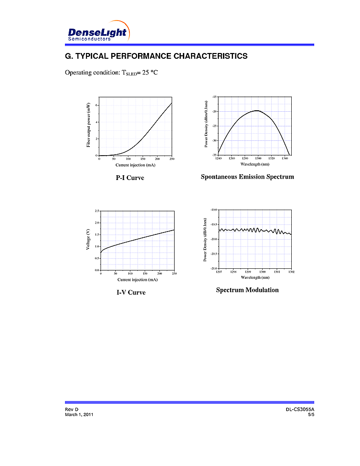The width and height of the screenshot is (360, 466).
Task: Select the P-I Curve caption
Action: [x=130, y=178]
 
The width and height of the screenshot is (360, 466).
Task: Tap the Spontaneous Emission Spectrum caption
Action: [x=247, y=177]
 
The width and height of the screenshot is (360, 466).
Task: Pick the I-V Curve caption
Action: [x=131, y=292]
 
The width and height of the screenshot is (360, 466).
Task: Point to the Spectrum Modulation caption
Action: [x=247, y=290]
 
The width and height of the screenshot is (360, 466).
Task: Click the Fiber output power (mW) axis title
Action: [x=89, y=126]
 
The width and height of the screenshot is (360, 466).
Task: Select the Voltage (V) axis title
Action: [x=89, y=240]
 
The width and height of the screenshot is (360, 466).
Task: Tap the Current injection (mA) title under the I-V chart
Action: [x=138, y=279]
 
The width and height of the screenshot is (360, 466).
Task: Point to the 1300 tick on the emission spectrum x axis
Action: [x=258, y=158]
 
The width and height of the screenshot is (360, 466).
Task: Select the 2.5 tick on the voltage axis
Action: [x=97, y=211]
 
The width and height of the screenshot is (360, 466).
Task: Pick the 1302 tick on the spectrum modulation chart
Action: [x=291, y=272]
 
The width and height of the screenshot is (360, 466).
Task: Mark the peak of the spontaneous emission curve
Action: [x=257, y=110]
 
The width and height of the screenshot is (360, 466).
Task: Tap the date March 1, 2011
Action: [x=79, y=414]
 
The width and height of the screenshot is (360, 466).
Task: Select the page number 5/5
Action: [x=311, y=414]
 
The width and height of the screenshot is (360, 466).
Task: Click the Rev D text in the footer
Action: [x=72, y=410]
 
